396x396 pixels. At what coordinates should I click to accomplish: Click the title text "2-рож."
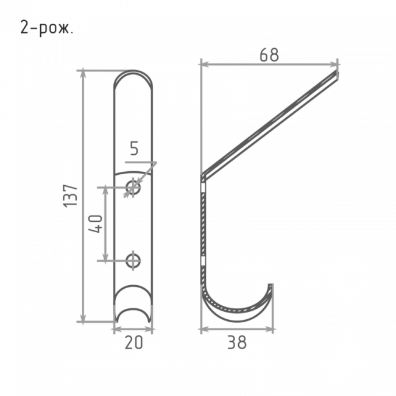point(47,28)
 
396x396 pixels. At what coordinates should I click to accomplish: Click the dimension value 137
point(70,196)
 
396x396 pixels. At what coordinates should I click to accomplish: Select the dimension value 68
point(269,55)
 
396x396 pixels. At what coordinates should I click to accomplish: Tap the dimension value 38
point(237,342)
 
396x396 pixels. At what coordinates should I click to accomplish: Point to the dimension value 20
point(134,342)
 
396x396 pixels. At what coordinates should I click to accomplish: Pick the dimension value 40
point(96,224)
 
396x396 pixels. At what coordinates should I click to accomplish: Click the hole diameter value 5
point(135,148)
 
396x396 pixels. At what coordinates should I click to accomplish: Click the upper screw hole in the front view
point(133,188)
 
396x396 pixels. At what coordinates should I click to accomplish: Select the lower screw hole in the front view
point(133,261)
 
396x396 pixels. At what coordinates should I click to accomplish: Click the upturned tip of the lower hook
point(270,286)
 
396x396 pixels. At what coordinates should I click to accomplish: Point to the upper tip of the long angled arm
point(337,72)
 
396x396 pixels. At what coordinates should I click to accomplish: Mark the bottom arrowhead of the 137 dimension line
point(83,318)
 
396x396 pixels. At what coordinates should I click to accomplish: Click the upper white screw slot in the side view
point(203,188)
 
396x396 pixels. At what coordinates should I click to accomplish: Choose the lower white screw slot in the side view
point(203,261)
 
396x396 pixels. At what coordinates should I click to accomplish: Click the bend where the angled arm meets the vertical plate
point(204,177)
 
